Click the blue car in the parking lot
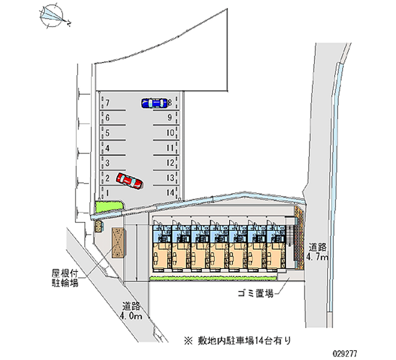(154, 103)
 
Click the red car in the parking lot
(129, 181)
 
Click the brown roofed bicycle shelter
(118, 243)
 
